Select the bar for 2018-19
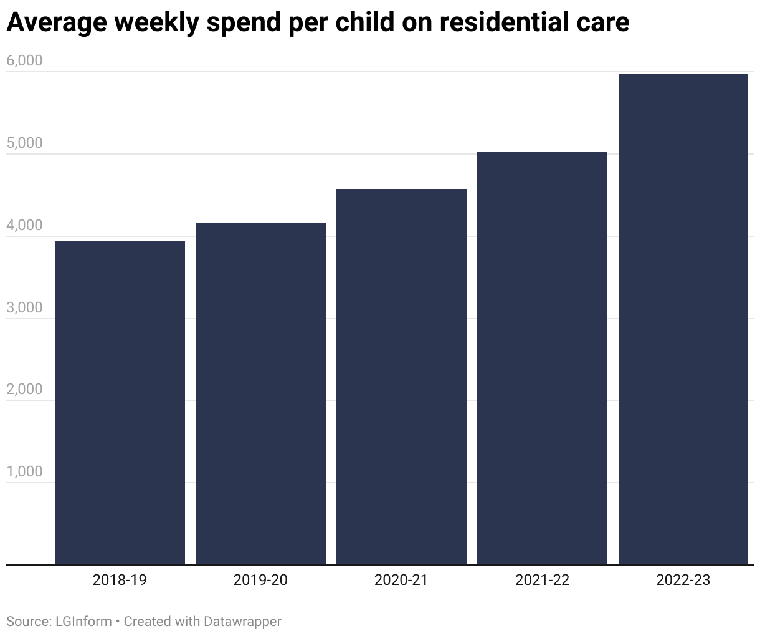click(120, 402)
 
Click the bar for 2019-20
click(260, 393)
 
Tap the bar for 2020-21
click(401, 377)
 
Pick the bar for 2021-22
click(542, 358)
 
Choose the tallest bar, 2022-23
click(683, 319)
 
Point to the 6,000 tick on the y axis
click(24, 61)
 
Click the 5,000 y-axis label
click(24, 143)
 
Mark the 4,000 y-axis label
click(24, 226)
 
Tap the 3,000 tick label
click(24, 308)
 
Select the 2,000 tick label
click(24, 390)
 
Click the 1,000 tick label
click(24, 472)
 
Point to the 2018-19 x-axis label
click(120, 580)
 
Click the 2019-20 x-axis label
click(260, 580)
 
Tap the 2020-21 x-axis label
click(401, 580)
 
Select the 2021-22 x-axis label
click(542, 580)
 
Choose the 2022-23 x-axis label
click(683, 580)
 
